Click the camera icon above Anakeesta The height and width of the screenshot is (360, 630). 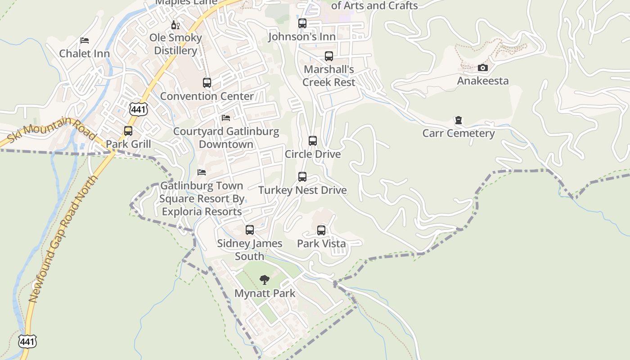click(x=482, y=68)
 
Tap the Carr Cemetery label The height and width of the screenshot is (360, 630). click(x=458, y=133)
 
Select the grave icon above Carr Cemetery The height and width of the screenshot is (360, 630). click(x=458, y=120)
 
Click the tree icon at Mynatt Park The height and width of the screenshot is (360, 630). click(x=265, y=280)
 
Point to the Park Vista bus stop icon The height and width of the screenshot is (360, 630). click(x=321, y=230)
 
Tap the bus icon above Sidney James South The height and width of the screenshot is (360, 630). click(x=250, y=230)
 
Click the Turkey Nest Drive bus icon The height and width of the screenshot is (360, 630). click(x=302, y=177)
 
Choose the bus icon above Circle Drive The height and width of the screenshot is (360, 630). click(x=313, y=141)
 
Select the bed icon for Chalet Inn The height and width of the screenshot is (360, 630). click(x=84, y=40)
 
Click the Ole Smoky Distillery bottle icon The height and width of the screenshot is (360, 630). click(x=175, y=25)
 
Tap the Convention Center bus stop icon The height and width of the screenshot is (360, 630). click(x=207, y=83)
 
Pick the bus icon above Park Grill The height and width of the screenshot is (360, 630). click(x=128, y=131)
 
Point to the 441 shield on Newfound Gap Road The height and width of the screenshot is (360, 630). click(x=27, y=341)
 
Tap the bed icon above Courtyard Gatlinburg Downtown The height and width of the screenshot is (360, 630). click(x=226, y=118)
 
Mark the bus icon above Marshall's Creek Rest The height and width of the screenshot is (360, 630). click(x=329, y=56)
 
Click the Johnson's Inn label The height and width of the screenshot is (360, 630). click(x=302, y=36)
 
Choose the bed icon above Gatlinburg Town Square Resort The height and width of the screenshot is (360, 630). click(x=202, y=172)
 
